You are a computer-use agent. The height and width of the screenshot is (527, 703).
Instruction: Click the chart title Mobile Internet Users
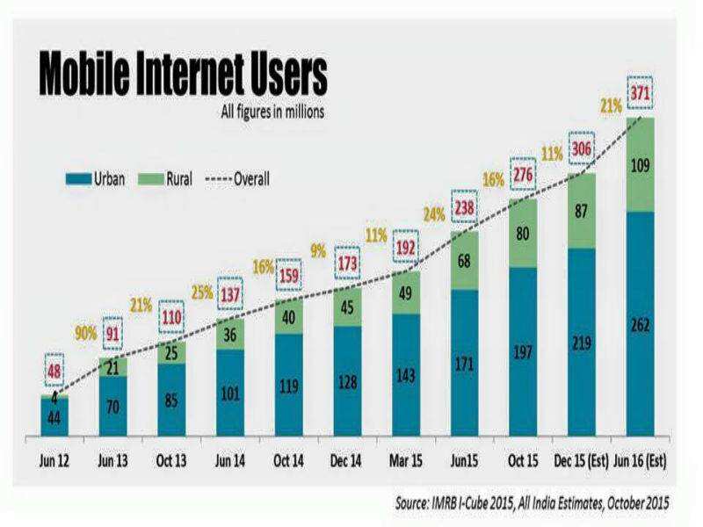point(181,76)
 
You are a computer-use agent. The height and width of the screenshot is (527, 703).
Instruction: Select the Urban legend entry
point(98,178)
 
